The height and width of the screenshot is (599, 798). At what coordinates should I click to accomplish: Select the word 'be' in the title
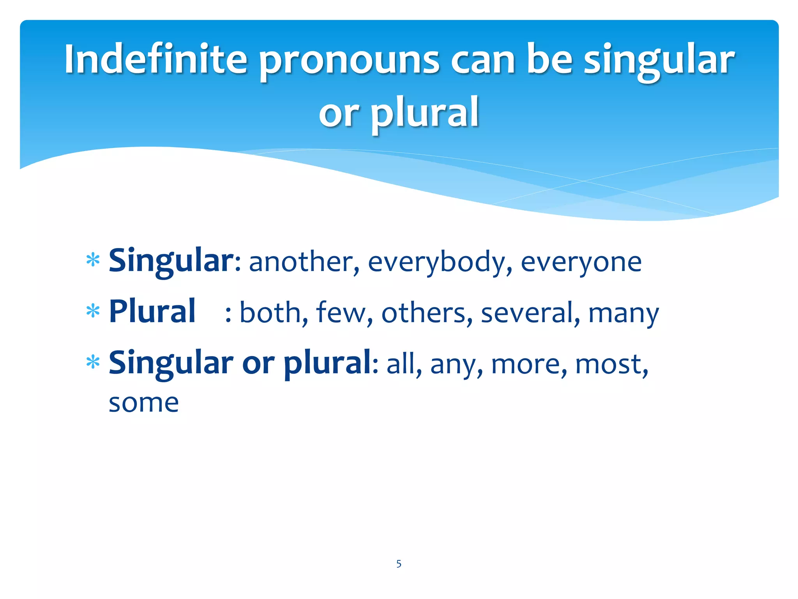pyautogui.click(x=549, y=59)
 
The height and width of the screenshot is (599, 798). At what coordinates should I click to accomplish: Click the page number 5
pyautogui.click(x=399, y=564)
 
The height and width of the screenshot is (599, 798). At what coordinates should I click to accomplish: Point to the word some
pyautogui.click(x=144, y=403)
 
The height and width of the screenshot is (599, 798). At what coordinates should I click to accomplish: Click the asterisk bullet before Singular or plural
pyautogui.click(x=93, y=363)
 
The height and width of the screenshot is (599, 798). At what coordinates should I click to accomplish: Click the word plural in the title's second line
pyautogui.click(x=425, y=113)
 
